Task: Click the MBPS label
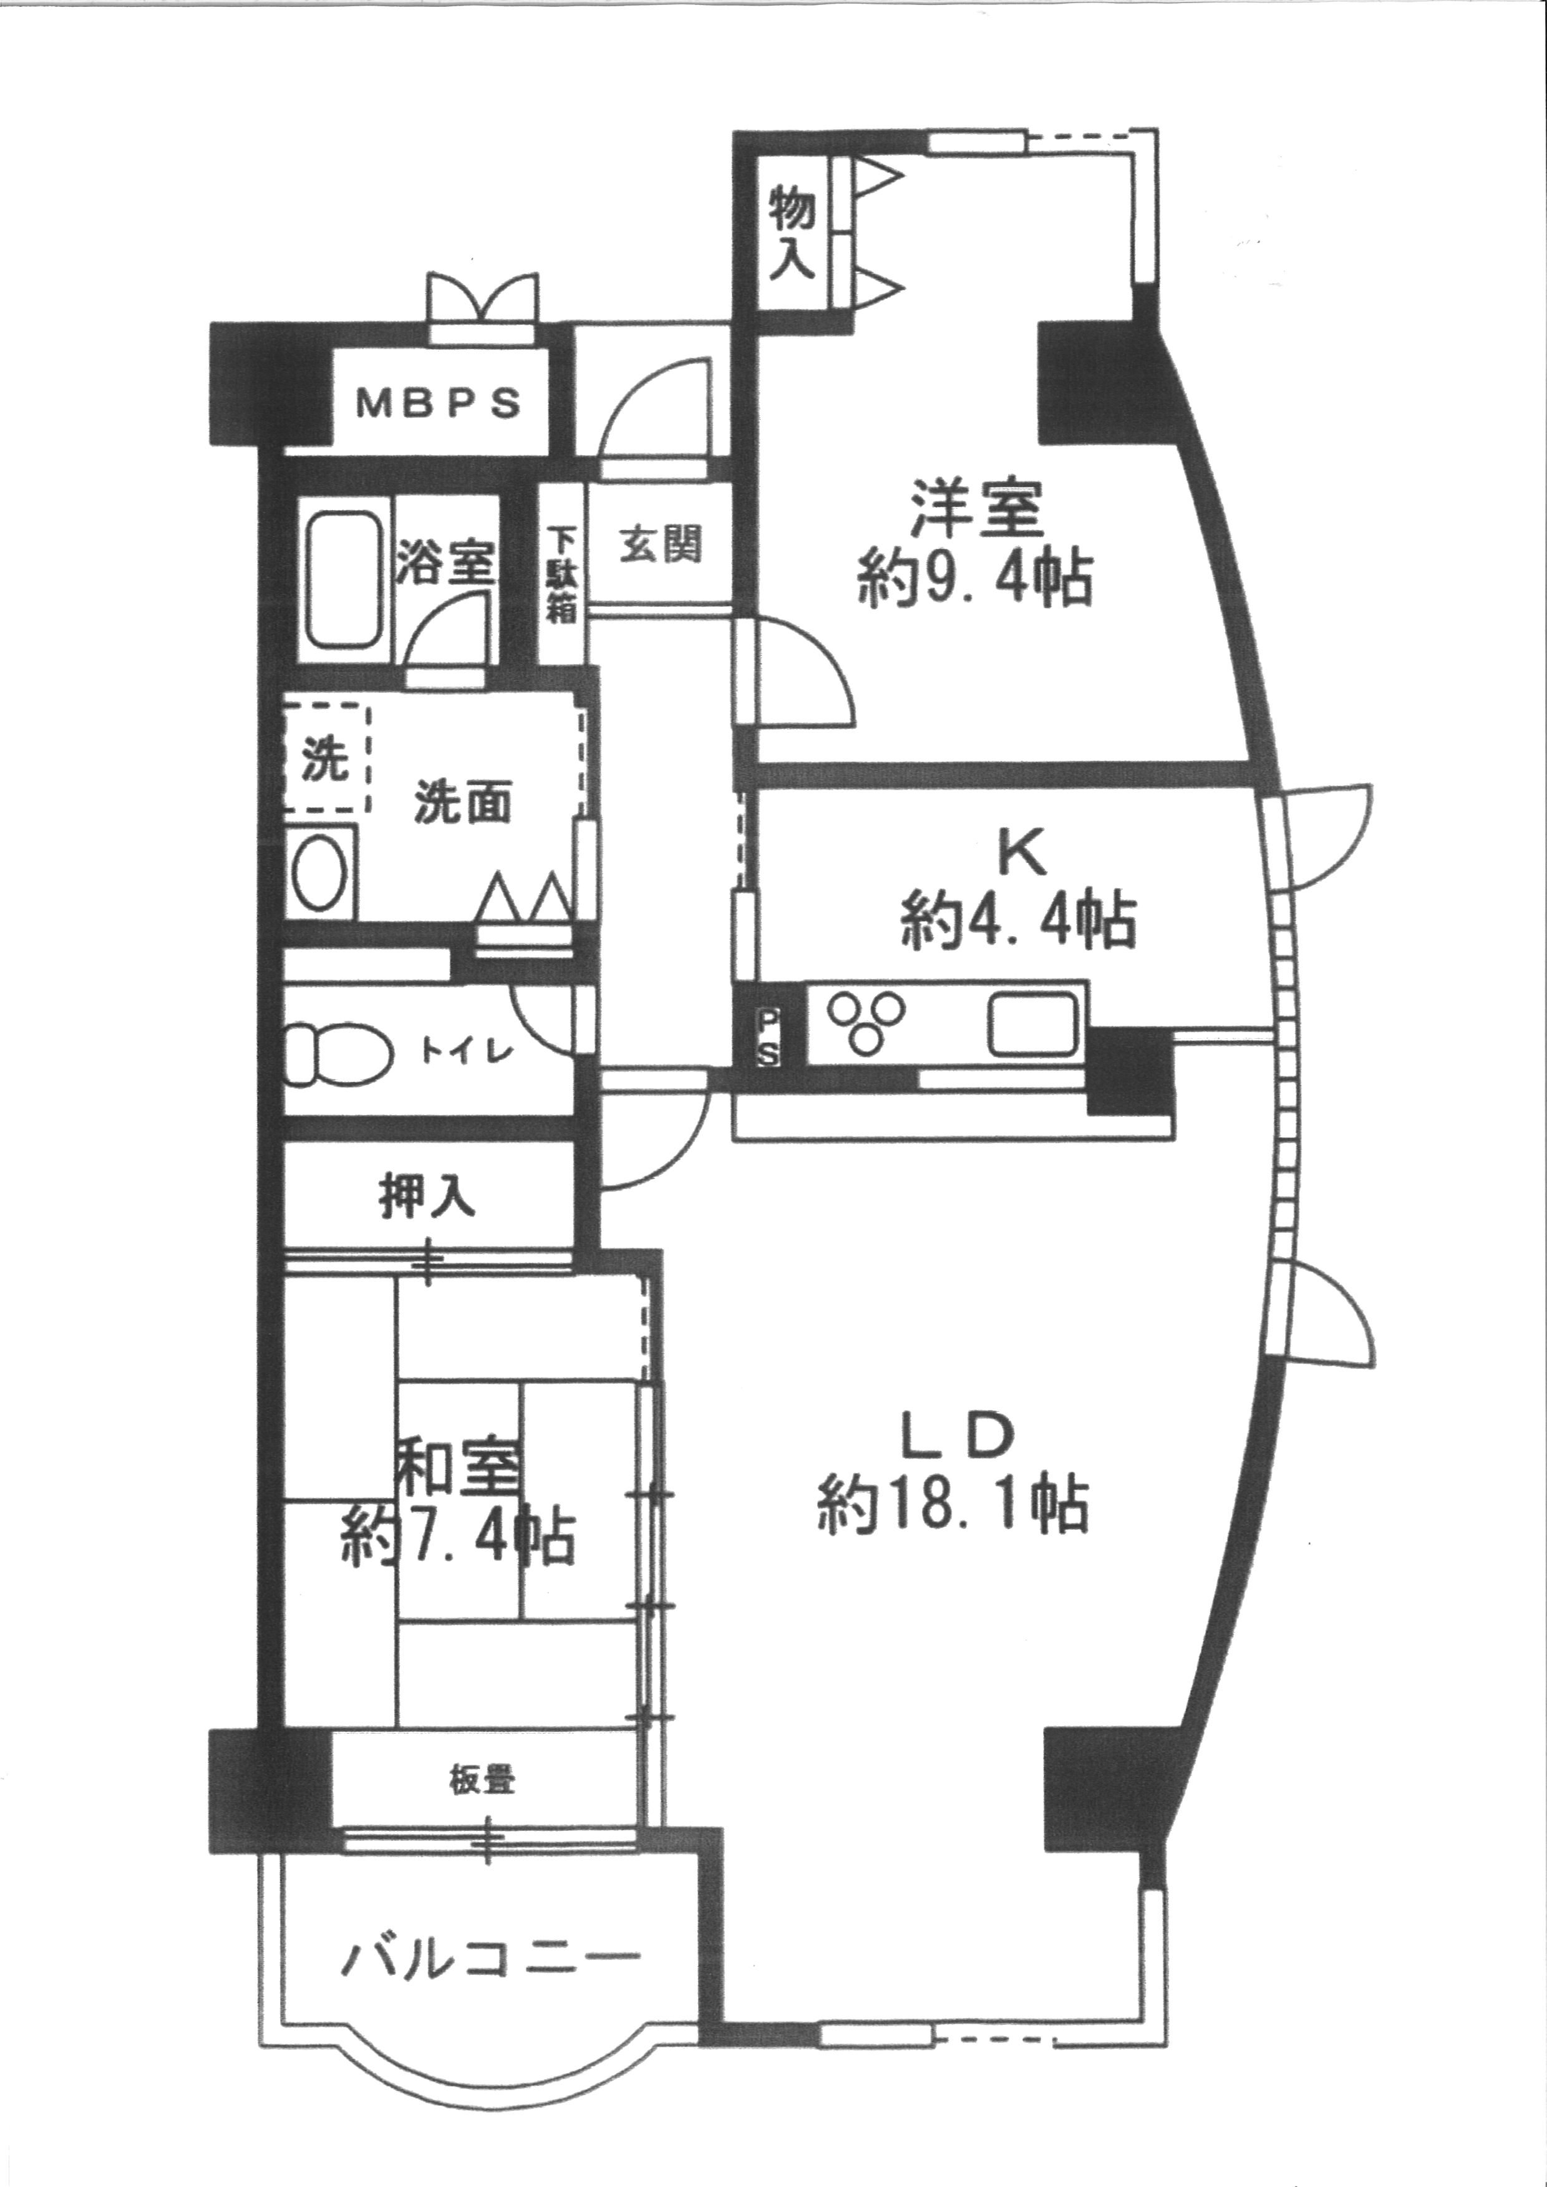(x=439, y=402)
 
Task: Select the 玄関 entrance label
(x=662, y=546)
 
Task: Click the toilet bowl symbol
(x=337, y=1053)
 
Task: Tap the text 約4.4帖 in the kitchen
(x=1017, y=920)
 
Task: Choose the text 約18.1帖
(x=953, y=1503)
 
